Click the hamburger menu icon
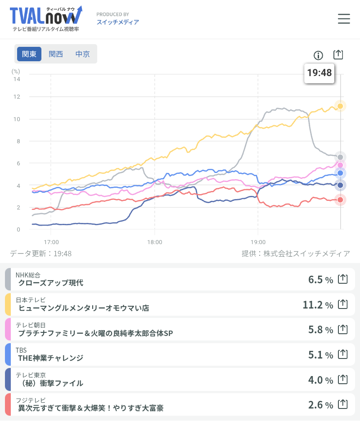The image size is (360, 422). pos(344,18)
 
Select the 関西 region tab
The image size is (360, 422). pos(56,54)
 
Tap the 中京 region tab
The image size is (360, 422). pos(82,54)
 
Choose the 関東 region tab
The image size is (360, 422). pos(29,54)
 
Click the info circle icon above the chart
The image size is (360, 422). pos(318,55)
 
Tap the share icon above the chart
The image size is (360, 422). pos(338,54)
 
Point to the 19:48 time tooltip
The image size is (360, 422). pos(319,73)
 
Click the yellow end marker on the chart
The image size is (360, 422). pos(341,106)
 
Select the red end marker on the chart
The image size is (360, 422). pos(341,200)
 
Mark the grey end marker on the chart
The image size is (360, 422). pos(341,157)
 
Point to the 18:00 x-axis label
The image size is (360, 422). pos(154,242)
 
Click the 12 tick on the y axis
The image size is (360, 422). pos(17,97)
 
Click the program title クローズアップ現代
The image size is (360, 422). pos(50,283)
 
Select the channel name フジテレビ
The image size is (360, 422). pos(31,400)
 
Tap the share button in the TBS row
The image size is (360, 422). pos(343,354)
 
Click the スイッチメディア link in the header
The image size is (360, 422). pos(117,22)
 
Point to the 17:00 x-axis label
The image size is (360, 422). pos(51,242)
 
